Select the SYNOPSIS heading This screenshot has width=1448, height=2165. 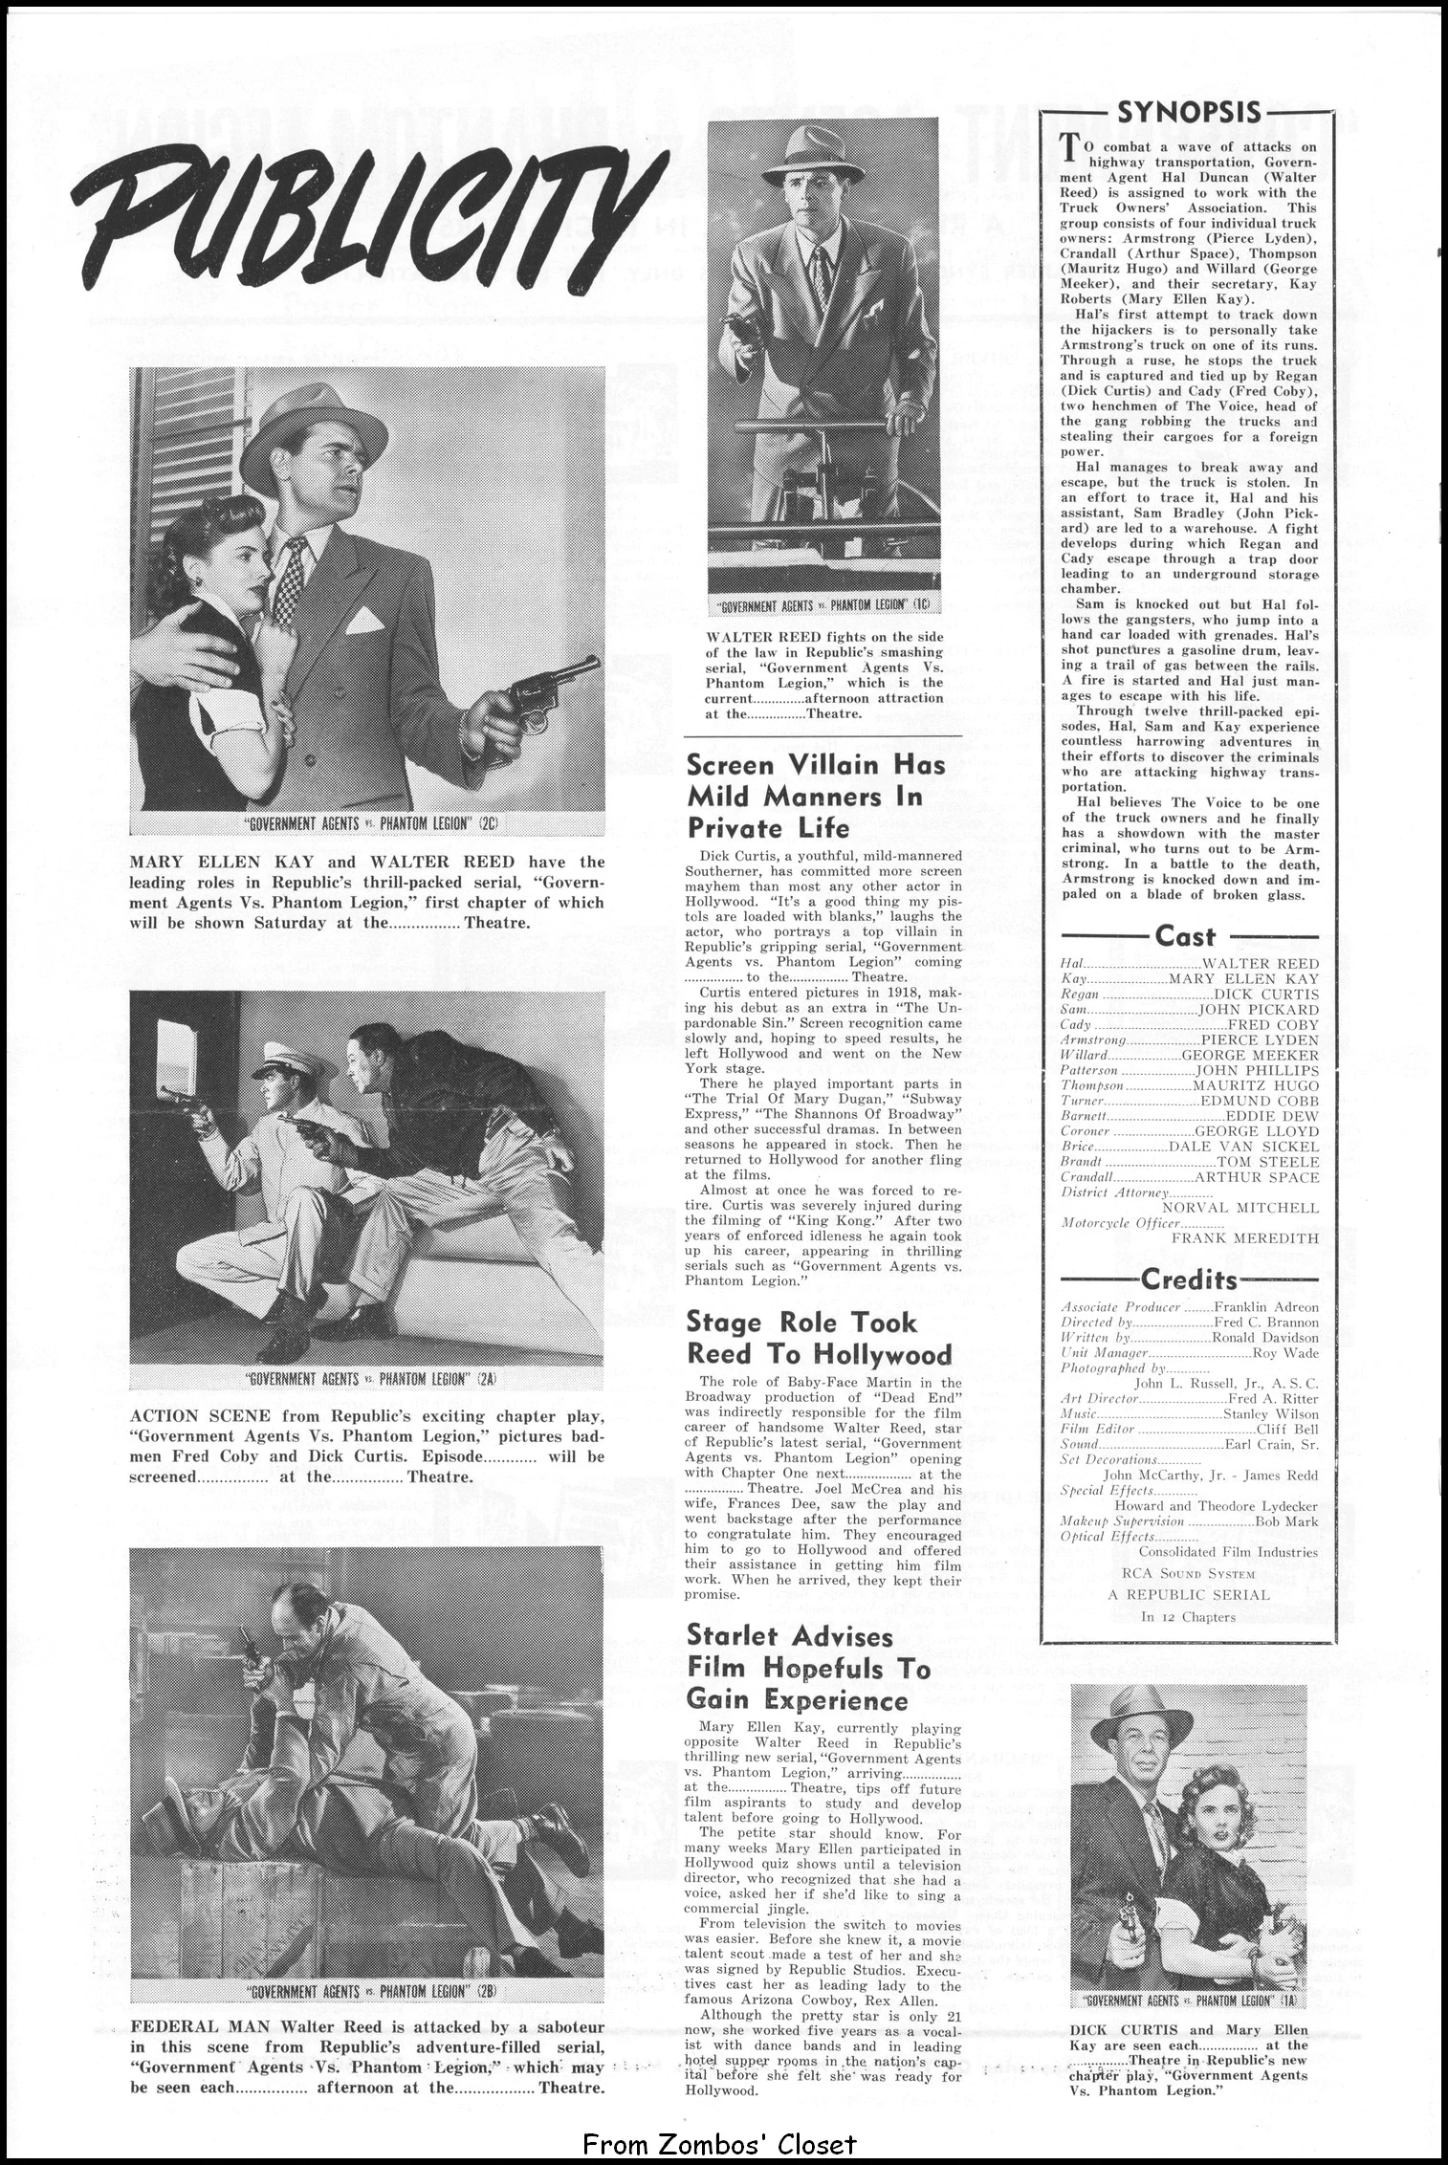[x=1189, y=113]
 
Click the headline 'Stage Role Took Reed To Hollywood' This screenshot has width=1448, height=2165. [x=819, y=1338]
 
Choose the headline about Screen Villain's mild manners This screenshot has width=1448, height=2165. [x=816, y=796]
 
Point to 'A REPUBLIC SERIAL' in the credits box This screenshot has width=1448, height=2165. [x=1189, y=1594]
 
